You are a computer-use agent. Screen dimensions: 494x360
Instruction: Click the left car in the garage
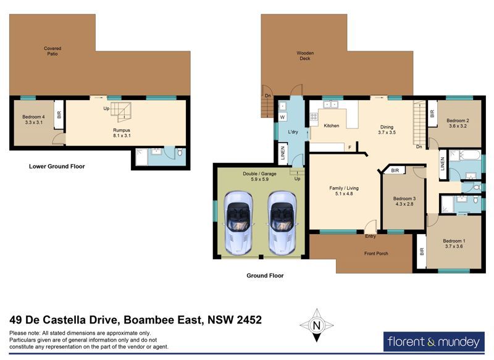point(238,223)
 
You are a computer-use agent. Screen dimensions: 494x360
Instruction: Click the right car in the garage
point(282,223)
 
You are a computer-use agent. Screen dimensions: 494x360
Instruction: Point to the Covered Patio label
point(52,51)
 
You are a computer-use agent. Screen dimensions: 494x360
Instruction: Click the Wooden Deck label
point(305,56)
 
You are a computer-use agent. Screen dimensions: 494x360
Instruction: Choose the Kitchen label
point(332,126)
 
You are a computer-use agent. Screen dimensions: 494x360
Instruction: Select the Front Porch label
point(376,253)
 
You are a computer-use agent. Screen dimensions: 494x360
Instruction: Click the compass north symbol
point(317,325)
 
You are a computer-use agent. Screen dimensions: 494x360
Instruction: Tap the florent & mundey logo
point(434,341)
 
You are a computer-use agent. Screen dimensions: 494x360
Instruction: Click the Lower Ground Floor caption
point(57,166)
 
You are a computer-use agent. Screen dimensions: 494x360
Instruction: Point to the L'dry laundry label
point(293,132)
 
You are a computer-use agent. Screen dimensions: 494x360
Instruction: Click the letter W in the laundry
point(282,117)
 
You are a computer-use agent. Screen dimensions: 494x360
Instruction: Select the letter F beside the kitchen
point(350,148)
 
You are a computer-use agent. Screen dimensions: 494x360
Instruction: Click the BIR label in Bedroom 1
point(422,251)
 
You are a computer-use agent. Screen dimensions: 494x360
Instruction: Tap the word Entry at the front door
point(371,236)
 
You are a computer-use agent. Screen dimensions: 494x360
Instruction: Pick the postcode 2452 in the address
point(249,320)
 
